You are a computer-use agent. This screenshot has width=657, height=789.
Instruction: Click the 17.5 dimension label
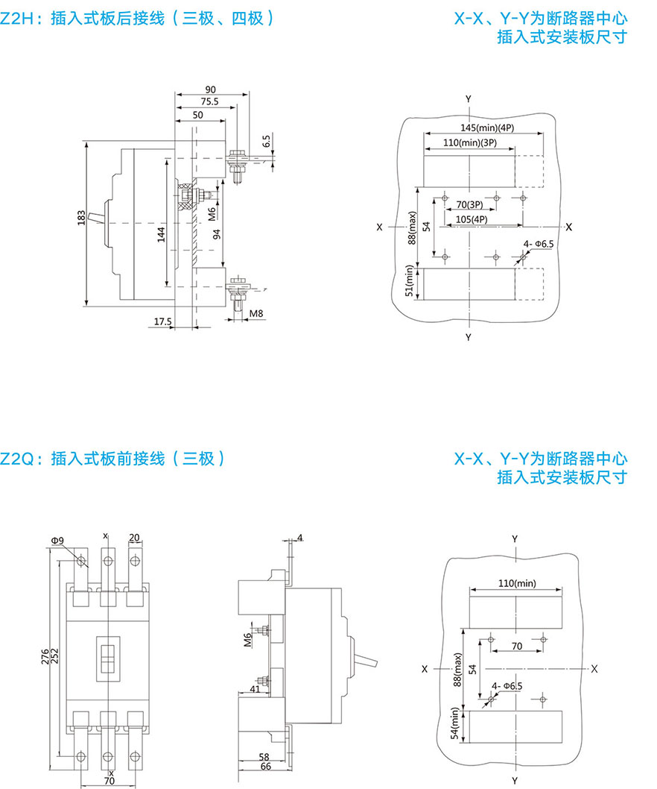[x=161, y=322]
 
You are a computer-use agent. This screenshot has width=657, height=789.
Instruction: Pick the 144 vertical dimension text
[x=160, y=237]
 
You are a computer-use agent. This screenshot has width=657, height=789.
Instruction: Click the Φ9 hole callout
[x=57, y=540]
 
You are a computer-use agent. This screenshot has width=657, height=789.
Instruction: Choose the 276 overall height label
[x=45, y=656]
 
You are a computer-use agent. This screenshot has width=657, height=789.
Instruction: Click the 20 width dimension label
[x=134, y=538]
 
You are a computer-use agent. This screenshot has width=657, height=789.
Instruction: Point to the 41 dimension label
[x=255, y=690]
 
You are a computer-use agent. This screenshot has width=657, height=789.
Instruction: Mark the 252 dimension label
[x=54, y=656]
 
